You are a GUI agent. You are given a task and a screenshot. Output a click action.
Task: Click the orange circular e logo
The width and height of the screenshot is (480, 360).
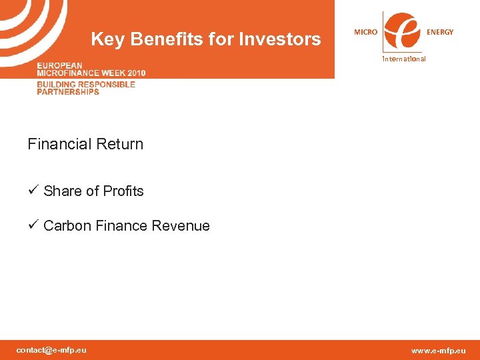click(x=403, y=31)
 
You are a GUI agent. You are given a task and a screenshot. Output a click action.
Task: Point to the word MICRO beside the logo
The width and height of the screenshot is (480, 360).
click(x=365, y=32)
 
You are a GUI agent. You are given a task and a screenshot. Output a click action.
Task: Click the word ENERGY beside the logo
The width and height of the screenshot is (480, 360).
click(x=440, y=32)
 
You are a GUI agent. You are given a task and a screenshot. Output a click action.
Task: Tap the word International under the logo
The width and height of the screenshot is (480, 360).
click(x=403, y=59)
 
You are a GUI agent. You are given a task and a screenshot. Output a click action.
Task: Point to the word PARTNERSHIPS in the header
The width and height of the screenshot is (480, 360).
click(x=68, y=92)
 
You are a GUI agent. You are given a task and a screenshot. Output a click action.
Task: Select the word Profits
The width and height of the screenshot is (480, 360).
click(x=123, y=191)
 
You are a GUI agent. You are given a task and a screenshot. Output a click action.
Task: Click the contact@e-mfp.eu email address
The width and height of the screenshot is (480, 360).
click(x=51, y=350)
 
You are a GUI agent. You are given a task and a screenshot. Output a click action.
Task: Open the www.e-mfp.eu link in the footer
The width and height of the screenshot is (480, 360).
click(x=439, y=351)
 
